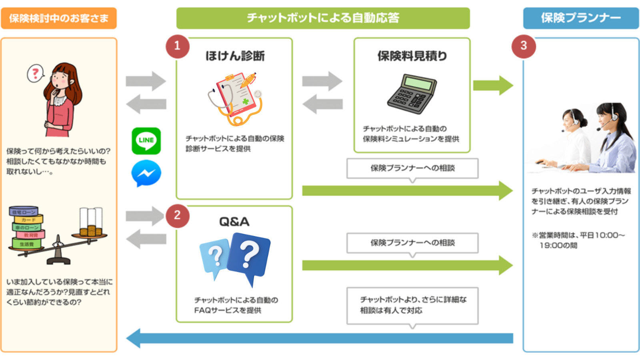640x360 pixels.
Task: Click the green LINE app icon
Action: click(x=146, y=141)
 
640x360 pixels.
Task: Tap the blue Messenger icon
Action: click(x=146, y=173)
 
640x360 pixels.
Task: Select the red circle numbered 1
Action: click(x=177, y=46)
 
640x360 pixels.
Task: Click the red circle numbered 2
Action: click(x=177, y=216)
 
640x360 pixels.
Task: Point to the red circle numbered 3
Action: click(x=524, y=46)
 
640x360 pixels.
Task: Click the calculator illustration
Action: click(x=412, y=94)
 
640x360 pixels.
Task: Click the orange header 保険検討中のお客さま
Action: click(x=59, y=18)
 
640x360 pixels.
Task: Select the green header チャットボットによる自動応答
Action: click(x=323, y=18)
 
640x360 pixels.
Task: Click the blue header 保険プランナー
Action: click(x=581, y=18)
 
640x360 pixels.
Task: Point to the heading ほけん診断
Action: click(x=235, y=56)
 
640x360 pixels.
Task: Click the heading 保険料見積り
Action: click(x=412, y=56)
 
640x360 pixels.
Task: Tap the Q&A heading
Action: click(x=234, y=222)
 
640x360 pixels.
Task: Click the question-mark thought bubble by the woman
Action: click(x=36, y=74)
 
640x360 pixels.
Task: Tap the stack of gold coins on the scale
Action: click(x=90, y=231)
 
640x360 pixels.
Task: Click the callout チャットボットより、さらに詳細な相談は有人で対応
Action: click(x=412, y=305)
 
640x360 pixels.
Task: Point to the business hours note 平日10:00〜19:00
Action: click(x=578, y=240)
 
